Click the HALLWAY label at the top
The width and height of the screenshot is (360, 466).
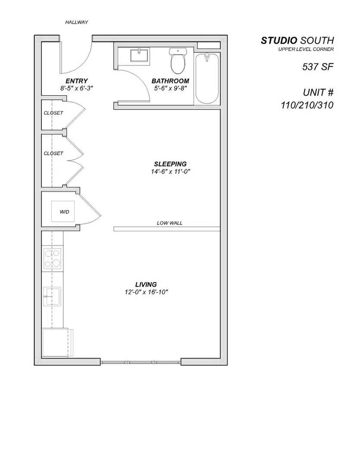click(x=77, y=22)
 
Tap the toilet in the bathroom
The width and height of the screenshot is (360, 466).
click(x=178, y=61)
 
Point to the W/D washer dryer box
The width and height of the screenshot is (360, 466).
click(x=64, y=211)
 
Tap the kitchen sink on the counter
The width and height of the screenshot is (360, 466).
click(x=52, y=296)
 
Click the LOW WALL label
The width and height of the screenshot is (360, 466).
click(x=169, y=223)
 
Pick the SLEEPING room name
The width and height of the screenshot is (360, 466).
click(x=170, y=164)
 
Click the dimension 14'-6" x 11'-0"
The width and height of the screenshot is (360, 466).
click(x=170, y=172)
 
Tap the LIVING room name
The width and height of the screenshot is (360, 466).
click(x=146, y=284)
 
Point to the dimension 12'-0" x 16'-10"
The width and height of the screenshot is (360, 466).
click(x=146, y=292)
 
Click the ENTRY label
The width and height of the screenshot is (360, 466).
click(x=77, y=81)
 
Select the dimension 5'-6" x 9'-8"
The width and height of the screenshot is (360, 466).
click(x=170, y=88)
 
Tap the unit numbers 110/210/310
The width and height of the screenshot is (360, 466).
click(x=307, y=105)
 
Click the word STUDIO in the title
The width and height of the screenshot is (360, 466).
click(x=279, y=41)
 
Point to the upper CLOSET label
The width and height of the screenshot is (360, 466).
click(x=53, y=113)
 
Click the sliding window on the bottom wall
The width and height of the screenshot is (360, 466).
click(x=141, y=362)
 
